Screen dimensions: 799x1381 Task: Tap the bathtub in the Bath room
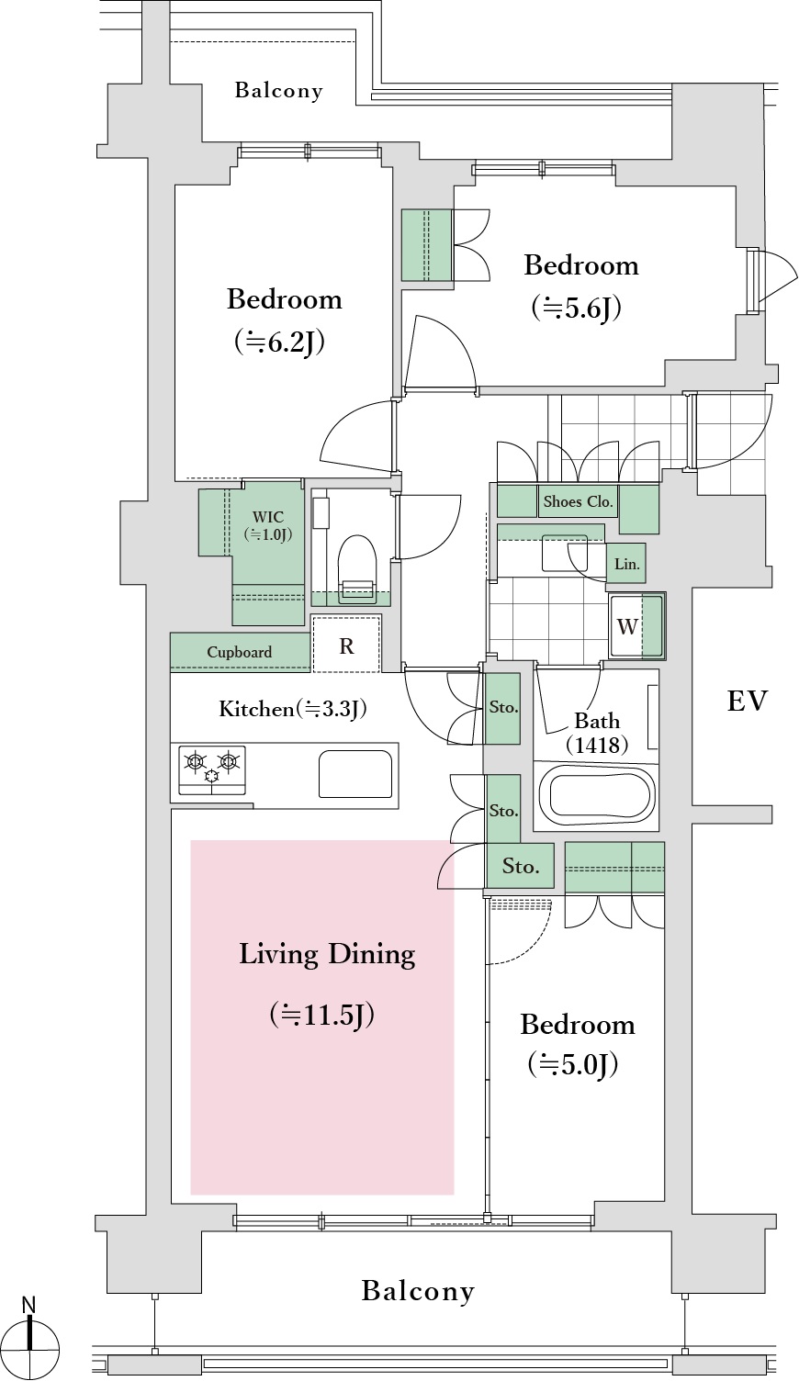596,794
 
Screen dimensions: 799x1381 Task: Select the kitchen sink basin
355,774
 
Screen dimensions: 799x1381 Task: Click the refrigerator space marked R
346,644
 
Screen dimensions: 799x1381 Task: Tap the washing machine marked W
636,626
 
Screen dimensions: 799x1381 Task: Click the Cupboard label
239,652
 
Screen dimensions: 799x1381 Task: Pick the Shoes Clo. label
578,501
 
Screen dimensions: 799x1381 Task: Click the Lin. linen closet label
627,564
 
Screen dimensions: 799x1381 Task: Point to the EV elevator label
748,701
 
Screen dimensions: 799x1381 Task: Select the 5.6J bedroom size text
577,309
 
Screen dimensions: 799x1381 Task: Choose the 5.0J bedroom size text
573,1064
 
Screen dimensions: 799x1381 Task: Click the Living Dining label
327,954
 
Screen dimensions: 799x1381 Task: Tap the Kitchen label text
256,709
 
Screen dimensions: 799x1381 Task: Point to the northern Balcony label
278,91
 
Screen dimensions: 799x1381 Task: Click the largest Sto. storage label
521,866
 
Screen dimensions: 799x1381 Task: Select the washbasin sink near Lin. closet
564,553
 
